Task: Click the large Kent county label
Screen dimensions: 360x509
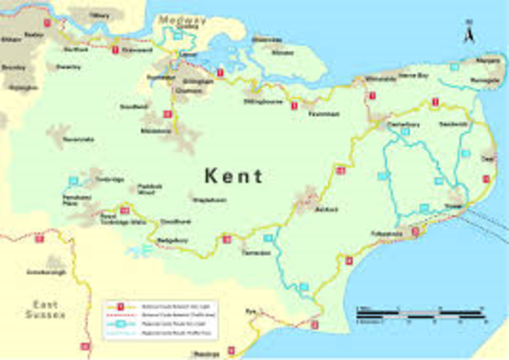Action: [x=233, y=176]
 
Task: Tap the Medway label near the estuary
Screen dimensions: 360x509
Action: [x=181, y=20]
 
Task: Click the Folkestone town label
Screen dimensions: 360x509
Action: [x=387, y=234]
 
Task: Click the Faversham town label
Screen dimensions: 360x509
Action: [x=324, y=114]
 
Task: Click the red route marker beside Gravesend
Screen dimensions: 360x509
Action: [x=115, y=50]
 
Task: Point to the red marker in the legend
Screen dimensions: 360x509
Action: [x=121, y=305]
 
